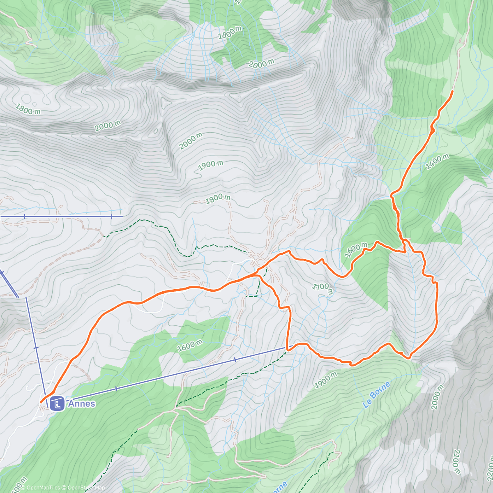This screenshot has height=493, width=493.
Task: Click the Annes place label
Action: point(81,403)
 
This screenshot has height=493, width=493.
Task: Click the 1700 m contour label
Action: point(323,288)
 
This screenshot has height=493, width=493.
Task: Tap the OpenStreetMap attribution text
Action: point(84,488)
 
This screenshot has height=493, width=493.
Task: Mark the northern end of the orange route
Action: point(452,91)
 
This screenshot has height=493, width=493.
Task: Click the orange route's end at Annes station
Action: point(41,401)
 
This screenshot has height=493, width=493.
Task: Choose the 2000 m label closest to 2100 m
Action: point(437,397)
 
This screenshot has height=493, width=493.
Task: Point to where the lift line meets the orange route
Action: point(288,348)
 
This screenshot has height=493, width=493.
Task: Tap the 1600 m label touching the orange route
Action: point(356,250)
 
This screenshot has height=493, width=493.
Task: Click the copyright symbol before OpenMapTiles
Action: point(23,488)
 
